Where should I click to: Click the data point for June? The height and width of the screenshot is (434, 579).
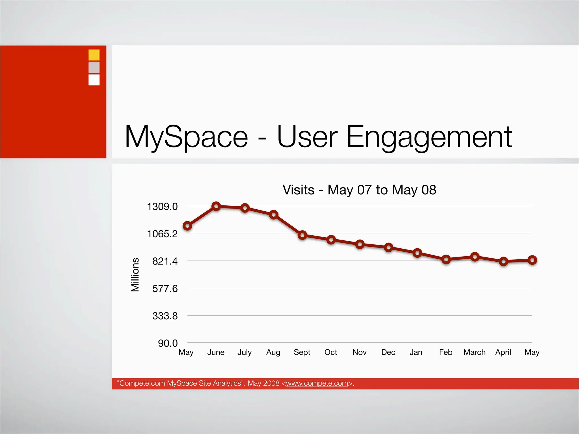[216, 206]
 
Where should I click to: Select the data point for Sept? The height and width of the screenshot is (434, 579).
[302, 235]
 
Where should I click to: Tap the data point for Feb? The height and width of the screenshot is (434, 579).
[446, 259]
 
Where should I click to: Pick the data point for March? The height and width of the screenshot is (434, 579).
[475, 257]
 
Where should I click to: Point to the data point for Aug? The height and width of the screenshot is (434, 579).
[273, 215]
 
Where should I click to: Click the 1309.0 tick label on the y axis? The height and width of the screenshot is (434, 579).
[162, 207]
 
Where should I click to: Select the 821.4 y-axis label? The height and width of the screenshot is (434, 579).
[165, 261]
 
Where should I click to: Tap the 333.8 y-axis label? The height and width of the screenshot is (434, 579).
[165, 316]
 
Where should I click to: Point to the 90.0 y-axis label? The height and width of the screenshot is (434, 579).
[168, 343]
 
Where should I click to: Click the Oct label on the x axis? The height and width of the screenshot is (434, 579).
[330, 352]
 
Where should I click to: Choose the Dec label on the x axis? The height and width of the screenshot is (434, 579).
[388, 352]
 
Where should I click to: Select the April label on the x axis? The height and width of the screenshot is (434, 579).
[503, 352]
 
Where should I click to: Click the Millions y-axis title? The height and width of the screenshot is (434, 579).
[135, 274]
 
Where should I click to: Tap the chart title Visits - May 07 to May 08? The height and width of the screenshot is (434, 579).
[359, 190]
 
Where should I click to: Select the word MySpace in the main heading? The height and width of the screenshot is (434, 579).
[186, 137]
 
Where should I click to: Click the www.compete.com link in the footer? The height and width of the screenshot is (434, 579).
[317, 383]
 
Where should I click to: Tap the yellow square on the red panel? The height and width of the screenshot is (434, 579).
[94, 55]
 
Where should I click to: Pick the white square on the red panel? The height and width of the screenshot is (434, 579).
[94, 80]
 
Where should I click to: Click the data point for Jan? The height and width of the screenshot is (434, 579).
[417, 253]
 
